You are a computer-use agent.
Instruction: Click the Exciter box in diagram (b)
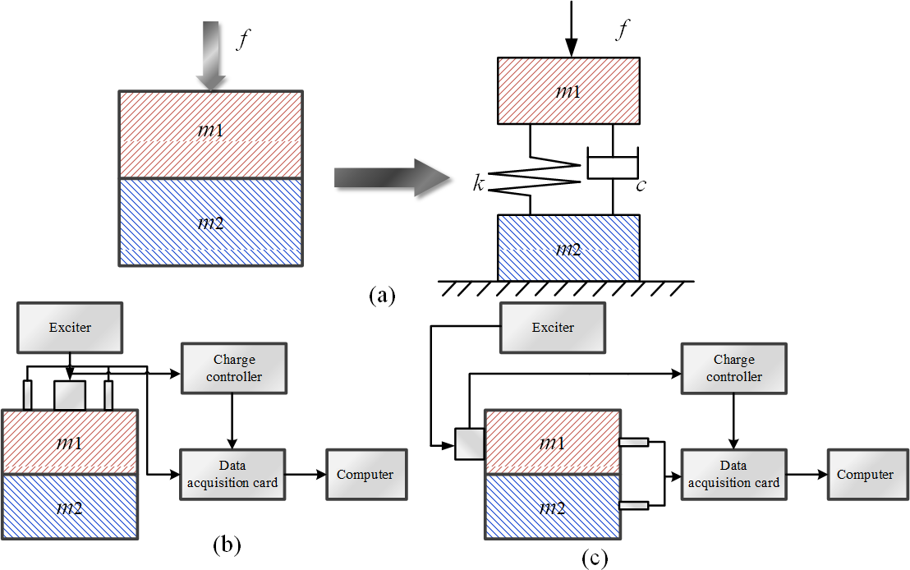click(x=69, y=328)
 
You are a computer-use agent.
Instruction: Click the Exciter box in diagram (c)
click(x=553, y=328)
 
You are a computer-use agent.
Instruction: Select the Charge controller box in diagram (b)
click(x=234, y=368)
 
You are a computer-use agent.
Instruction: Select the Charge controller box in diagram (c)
click(x=733, y=368)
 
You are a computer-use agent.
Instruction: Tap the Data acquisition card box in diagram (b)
click(x=232, y=474)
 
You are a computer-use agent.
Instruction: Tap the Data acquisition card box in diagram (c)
click(x=733, y=475)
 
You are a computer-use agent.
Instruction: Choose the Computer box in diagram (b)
click(x=365, y=474)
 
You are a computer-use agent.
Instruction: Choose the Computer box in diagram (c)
click(x=865, y=474)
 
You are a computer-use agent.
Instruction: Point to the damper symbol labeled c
click(x=613, y=164)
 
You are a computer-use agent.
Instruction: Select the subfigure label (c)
click(x=595, y=559)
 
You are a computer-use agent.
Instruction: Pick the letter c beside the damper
click(x=640, y=185)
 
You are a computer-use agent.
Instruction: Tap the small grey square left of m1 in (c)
click(x=469, y=444)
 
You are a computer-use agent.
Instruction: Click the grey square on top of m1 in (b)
click(x=69, y=396)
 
